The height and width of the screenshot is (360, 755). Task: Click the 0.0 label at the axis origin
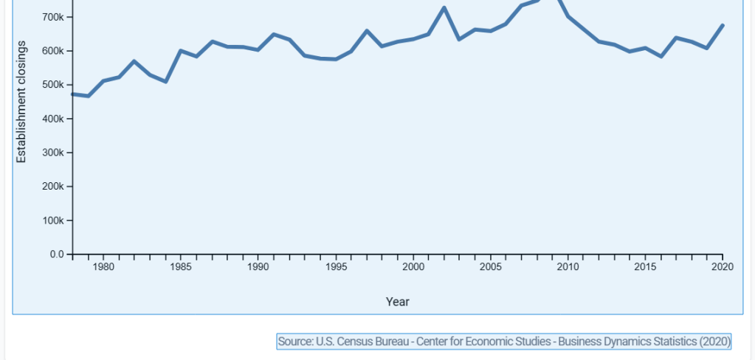[57, 255]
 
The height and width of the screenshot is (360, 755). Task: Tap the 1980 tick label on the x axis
[103, 267]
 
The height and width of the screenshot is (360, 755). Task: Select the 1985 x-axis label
[181, 267]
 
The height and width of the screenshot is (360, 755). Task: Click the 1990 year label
[258, 267]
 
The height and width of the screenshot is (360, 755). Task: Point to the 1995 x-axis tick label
[336, 267]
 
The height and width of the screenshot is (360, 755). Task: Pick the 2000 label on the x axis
[413, 267]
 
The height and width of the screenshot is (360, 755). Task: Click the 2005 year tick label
[491, 267]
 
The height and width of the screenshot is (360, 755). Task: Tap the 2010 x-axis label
[568, 267]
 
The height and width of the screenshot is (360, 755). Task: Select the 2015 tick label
[645, 267]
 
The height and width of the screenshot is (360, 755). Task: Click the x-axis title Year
[397, 302]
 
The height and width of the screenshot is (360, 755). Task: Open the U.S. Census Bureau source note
[504, 342]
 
